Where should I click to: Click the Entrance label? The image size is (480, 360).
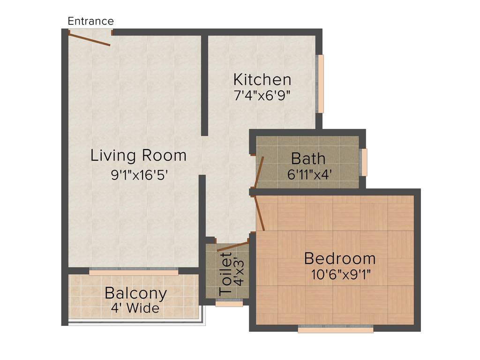(x=90, y=21)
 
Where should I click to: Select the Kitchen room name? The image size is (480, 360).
(x=262, y=79)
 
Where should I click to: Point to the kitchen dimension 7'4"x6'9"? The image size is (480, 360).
(x=262, y=96)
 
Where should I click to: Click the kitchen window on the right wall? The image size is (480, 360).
(x=321, y=84)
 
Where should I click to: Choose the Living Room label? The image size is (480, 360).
(x=138, y=155)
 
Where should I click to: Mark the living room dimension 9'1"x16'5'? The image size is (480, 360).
(x=139, y=175)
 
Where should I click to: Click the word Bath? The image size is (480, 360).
(x=308, y=158)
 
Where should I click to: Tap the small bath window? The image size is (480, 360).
(x=364, y=162)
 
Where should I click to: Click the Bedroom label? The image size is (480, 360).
(x=339, y=258)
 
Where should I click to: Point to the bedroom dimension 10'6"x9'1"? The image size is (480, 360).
(x=341, y=275)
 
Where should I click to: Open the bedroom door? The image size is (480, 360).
(x=259, y=213)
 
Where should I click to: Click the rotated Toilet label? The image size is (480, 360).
(x=226, y=274)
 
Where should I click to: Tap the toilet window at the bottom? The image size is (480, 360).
(x=229, y=304)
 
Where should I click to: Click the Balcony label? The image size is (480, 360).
(x=135, y=293)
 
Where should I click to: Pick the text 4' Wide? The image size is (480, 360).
(x=135, y=309)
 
